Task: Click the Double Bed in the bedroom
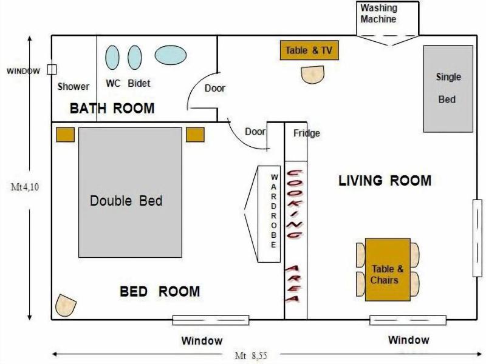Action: (130, 192)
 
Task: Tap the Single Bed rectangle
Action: (448, 89)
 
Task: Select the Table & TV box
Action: (309, 50)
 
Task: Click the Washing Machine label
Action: (378, 13)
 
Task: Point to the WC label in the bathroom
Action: (113, 83)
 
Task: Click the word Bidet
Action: (139, 83)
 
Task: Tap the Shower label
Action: (74, 86)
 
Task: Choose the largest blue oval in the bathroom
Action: (171, 55)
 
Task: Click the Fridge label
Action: (307, 133)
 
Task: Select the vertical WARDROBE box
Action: (269, 214)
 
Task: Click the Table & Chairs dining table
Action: (388, 269)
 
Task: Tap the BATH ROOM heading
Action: (112, 109)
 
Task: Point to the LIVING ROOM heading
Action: (385, 180)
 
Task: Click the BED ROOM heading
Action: (160, 291)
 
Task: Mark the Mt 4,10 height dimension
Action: (25, 187)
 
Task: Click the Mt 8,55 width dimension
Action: (251, 356)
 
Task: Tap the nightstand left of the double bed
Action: (65, 135)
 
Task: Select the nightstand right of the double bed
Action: (195, 135)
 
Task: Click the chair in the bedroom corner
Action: (66, 306)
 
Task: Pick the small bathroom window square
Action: (52, 69)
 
